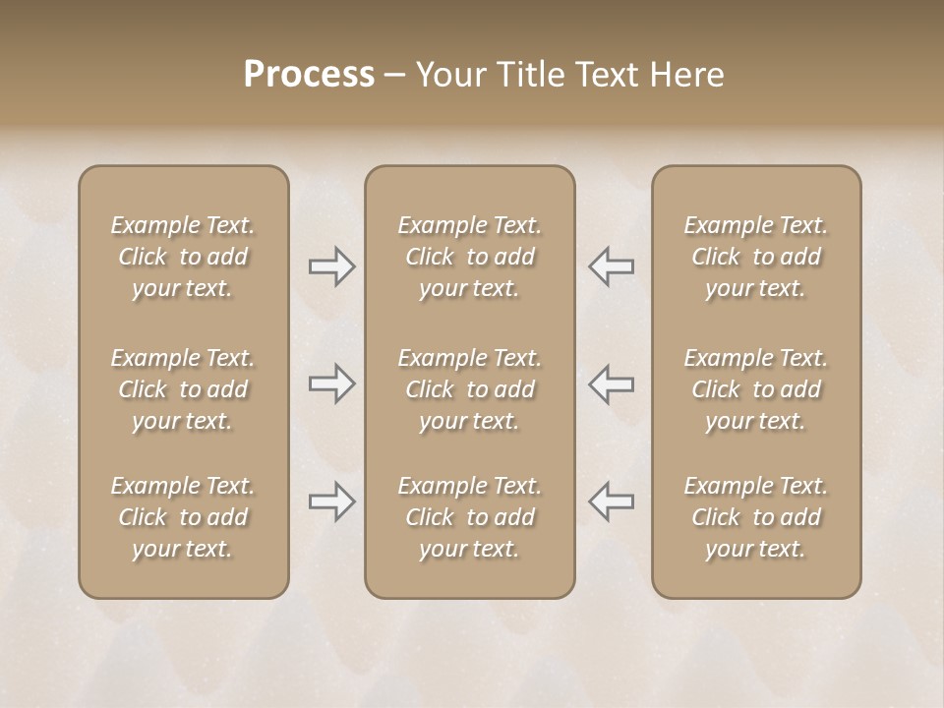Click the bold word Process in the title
[309, 75]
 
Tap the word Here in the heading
[685, 75]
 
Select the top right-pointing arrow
[331, 266]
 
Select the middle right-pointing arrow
[331, 383]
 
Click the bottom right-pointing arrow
[331, 501]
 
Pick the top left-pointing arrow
[612, 266]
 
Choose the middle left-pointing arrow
[612, 383]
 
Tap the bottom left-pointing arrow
[612, 501]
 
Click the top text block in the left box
[183, 257]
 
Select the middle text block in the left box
[183, 389]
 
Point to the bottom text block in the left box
[183, 517]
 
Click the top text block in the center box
[469, 257]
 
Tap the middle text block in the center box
[469, 389]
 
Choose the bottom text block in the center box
[469, 517]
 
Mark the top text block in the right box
[756, 257]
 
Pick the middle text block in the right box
[756, 389]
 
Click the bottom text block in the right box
[756, 517]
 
